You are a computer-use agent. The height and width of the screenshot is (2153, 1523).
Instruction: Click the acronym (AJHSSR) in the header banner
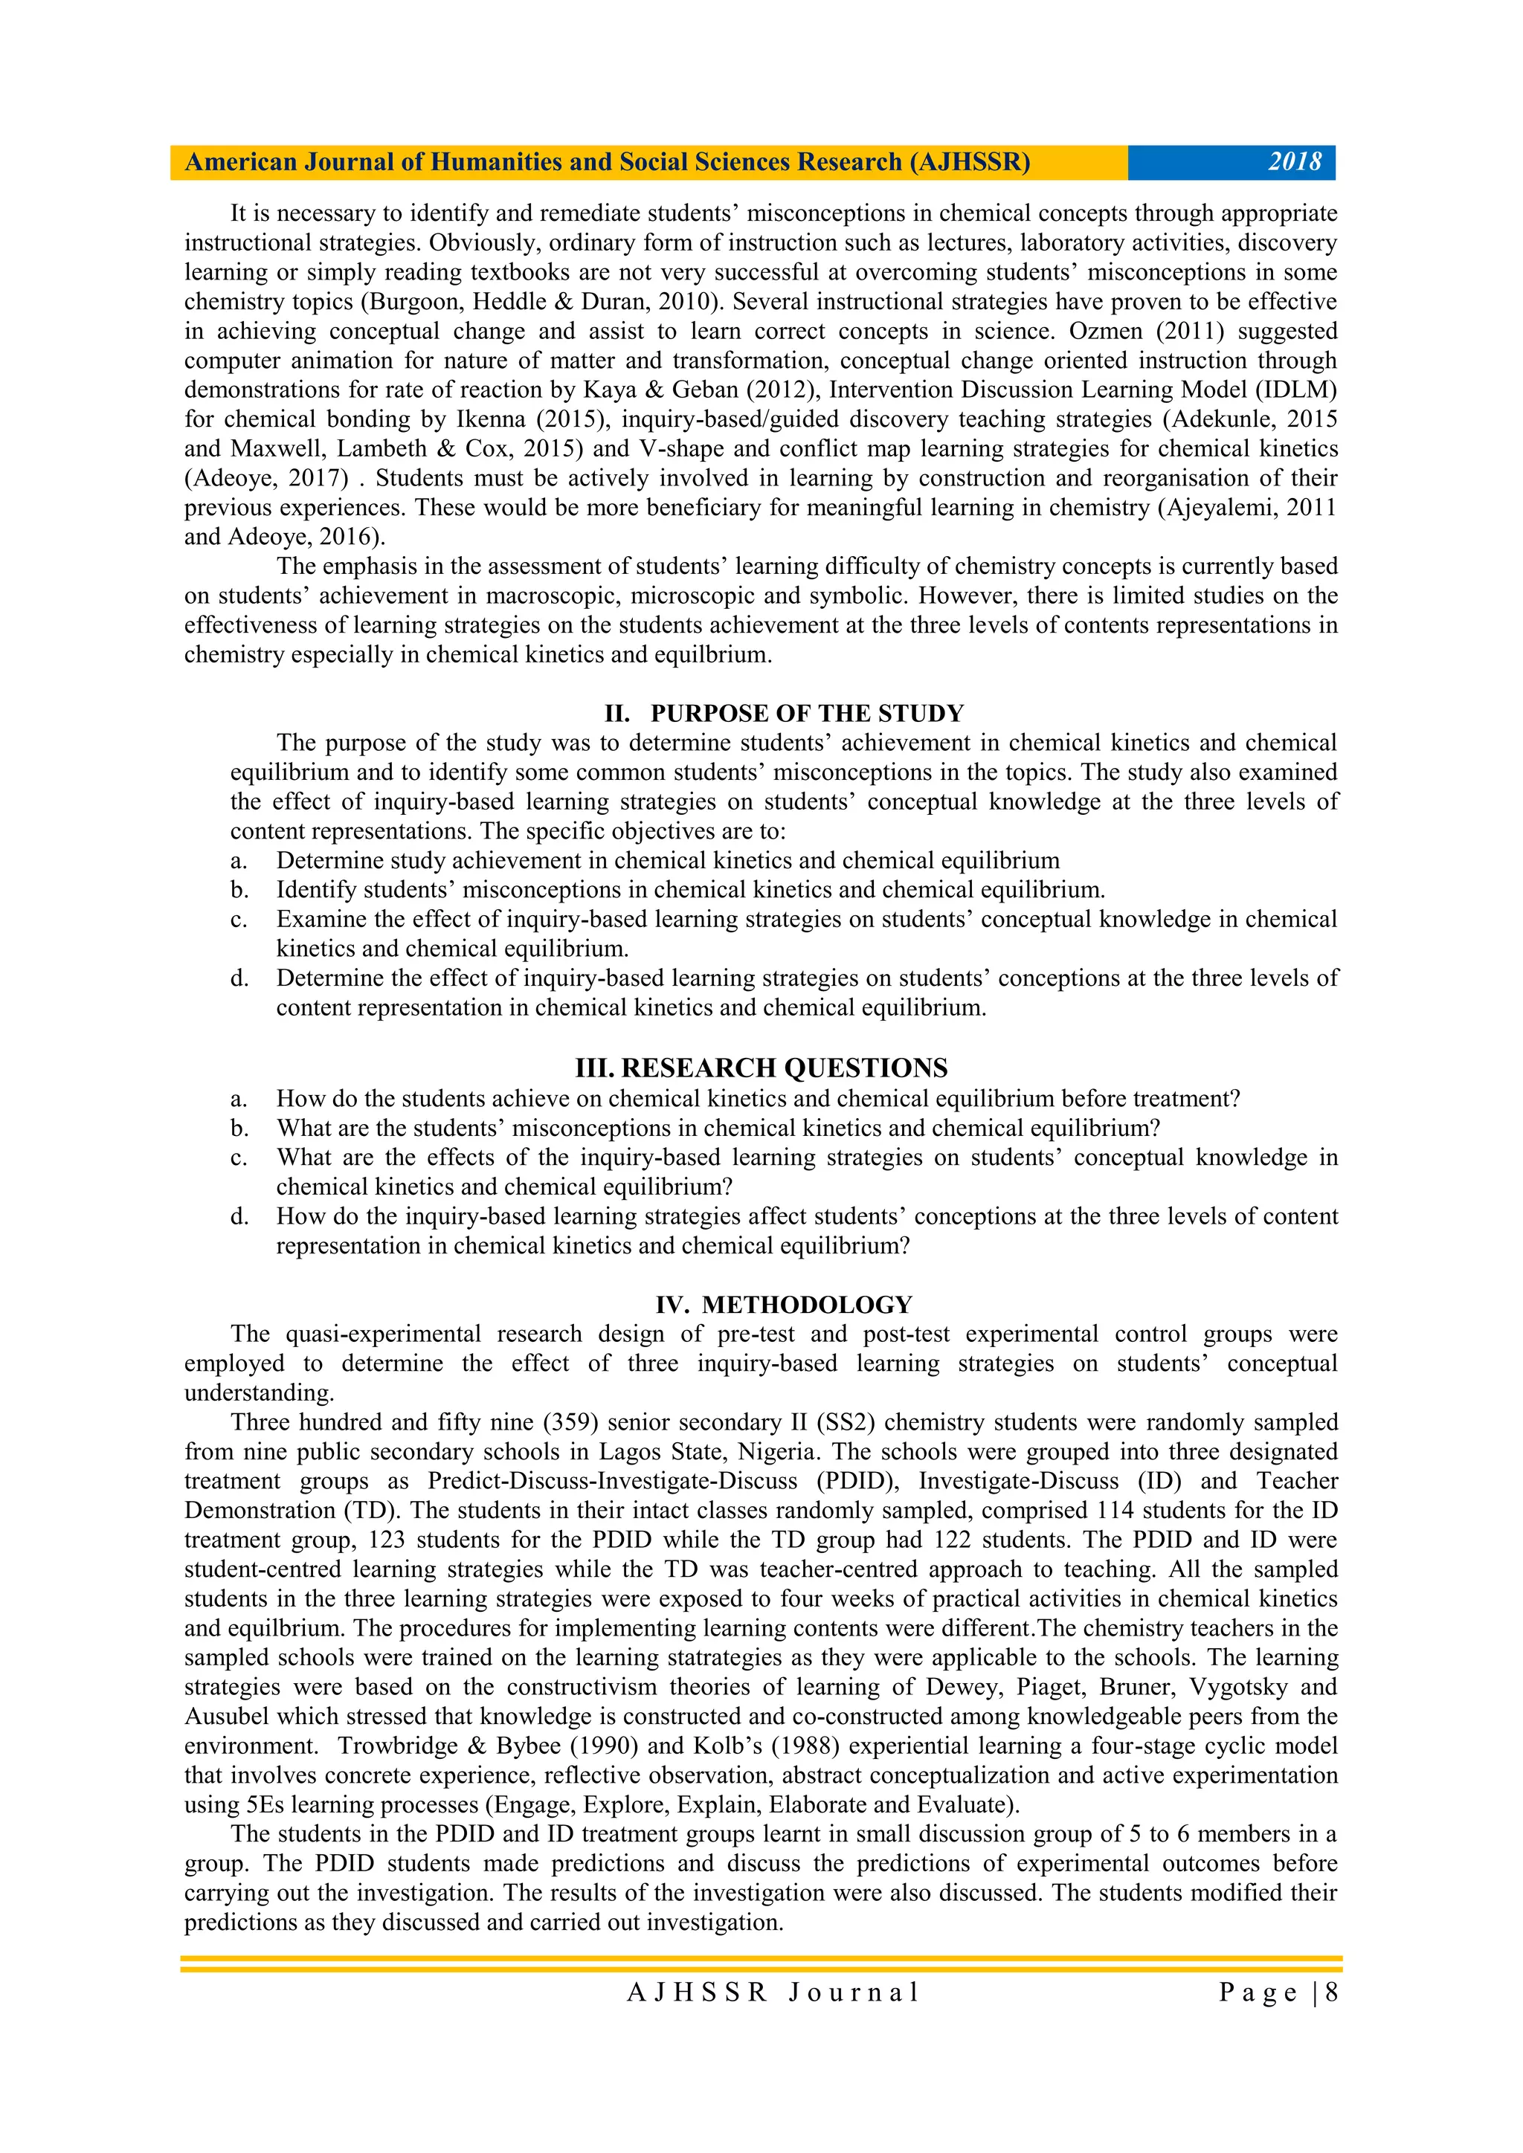click(x=970, y=162)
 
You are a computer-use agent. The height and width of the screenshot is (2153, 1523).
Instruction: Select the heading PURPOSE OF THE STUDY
click(x=807, y=714)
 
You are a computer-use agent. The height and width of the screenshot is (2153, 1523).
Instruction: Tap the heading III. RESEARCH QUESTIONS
click(x=761, y=1068)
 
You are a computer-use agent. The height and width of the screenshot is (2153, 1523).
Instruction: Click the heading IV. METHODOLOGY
click(x=783, y=1305)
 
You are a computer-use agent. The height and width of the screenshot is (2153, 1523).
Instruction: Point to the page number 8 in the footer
click(x=1332, y=1992)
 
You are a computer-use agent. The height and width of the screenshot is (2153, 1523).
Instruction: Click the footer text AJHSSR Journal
click(x=773, y=1992)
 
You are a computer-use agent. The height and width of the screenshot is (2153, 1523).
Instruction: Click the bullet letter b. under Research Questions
click(x=239, y=1128)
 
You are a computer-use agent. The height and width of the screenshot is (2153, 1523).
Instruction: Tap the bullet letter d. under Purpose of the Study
click(x=239, y=978)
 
